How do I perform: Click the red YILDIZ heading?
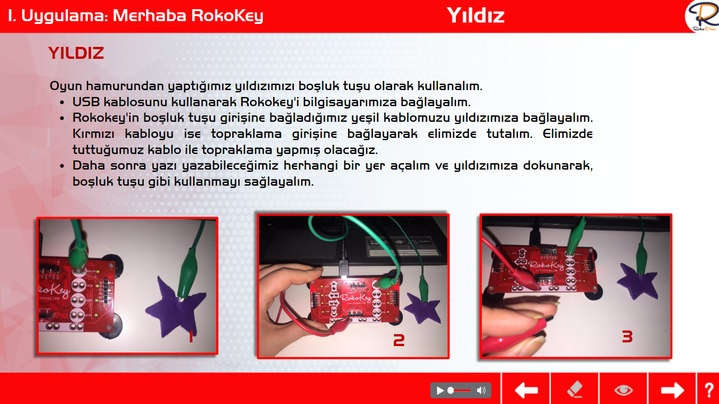(x=76, y=53)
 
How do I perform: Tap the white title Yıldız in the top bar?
(x=476, y=16)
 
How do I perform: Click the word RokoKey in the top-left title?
(x=227, y=16)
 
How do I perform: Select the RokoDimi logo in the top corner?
(x=702, y=16)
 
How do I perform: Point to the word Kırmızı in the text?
(x=93, y=133)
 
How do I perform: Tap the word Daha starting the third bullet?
(x=89, y=165)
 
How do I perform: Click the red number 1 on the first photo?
(x=191, y=336)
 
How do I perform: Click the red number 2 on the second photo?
(x=399, y=340)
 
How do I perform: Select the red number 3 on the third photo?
(x=627, y=336)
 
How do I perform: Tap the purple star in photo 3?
(x=638, y=281)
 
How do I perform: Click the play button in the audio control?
(x=440, y=390)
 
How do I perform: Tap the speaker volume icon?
(x=481, y=390)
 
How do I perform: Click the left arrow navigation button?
(x=526, y=390)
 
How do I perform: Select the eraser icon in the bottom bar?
(x=575, y=389)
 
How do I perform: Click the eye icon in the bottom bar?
(x=623, y=390)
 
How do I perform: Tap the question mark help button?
(x=709, y=390)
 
